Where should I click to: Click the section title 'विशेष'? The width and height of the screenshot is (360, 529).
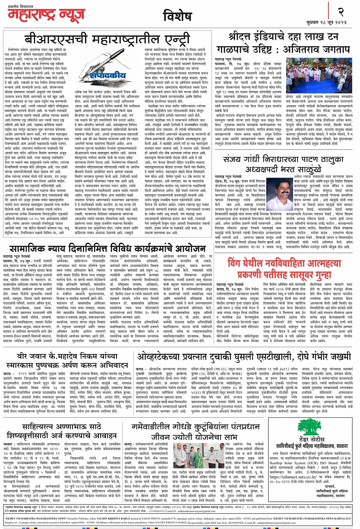click(x=177, y=16)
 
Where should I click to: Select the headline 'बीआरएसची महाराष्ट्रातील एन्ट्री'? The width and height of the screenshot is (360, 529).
click(x=107, y=40)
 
